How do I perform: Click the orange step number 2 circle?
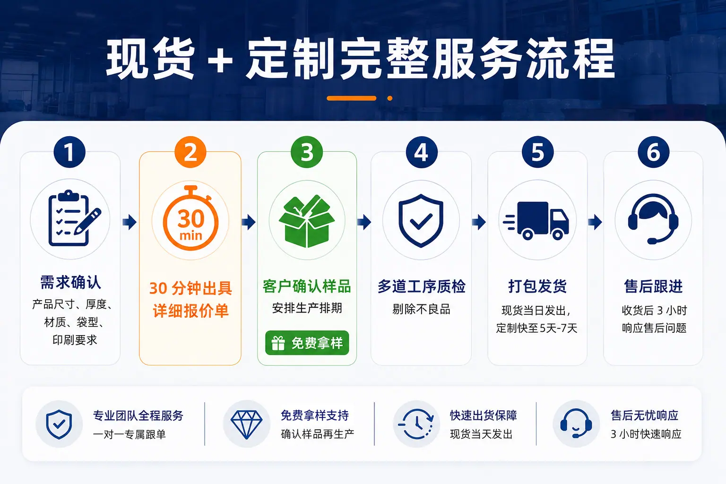click(190, 152)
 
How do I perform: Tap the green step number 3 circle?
click(307, 152)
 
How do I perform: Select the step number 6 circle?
click(653, 152)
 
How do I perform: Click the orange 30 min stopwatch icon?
click(190, 218)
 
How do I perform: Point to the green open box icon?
click(307, 221)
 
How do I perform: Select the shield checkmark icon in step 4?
click(421, 220)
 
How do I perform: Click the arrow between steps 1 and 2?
click(130, 222)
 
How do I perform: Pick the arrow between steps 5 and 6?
click(595, 222)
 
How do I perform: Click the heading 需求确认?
click(70, 282)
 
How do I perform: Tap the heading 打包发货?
click(537, 286)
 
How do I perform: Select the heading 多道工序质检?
click(421, 286)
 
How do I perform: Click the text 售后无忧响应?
click(644, 415)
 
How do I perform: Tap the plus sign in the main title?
click(220, 60)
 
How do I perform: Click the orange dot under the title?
click(390, 98)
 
